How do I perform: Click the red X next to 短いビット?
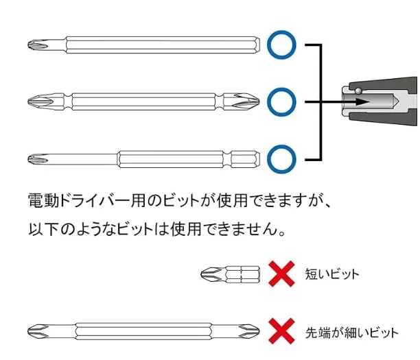pos(282,274)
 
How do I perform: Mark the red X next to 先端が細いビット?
pos(282,331)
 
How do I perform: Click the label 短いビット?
pos(332,274)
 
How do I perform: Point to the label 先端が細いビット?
pos(351,333)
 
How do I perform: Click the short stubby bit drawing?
pos(230,274)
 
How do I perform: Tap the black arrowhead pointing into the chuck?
pos(362,102)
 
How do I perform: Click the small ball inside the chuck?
pos(358,91)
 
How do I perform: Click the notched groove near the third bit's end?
pos(227,159)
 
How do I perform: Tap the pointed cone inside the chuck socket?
pos(395,101)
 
